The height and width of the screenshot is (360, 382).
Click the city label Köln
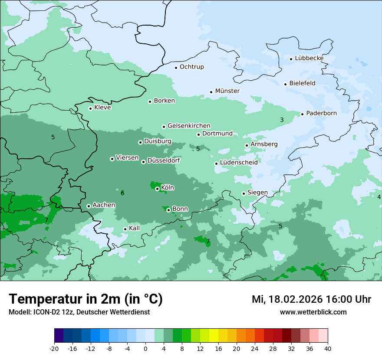click(x=168, y=188)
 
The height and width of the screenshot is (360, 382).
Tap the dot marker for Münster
click(x=211, y=92)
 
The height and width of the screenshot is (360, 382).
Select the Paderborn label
click(x=321, y=113)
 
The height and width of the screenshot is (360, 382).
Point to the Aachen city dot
click(x=89, y=206)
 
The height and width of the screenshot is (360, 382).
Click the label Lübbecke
click(x=309, y=58)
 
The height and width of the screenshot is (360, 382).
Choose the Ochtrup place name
click(x=191, y=67)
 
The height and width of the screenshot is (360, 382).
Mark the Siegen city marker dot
click(x=244, y=193)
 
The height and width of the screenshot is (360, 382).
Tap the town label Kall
click(x=134, y=228)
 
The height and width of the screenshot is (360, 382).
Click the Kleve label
click(x=102, y=108)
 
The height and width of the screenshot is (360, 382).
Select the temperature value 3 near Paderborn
click(x=282, y=120)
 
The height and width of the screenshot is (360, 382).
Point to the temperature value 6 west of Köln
click(x=122, y=193)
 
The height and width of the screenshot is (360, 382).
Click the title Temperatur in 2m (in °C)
click(x=86, y=299)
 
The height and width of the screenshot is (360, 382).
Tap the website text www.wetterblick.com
click(x=313, y=312)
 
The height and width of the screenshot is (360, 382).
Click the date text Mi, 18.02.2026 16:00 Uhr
click(x=311, y=299)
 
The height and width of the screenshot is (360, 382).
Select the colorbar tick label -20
click(x=54, y=348)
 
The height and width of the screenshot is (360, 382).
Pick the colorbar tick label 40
click(x=328, y=348)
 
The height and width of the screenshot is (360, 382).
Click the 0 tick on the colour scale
click(x=145, y=348)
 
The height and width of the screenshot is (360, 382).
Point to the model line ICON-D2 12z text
click(x=79, y=312)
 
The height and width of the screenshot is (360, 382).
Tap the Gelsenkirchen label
click(x=189, y=126)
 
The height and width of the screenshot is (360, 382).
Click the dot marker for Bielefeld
click(x=286, y=84)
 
